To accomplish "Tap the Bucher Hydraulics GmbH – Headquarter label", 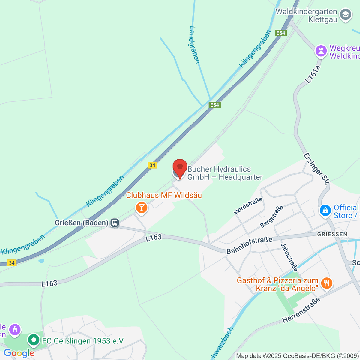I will (x=225, y=173).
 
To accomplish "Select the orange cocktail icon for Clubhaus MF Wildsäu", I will (x=142, y=208).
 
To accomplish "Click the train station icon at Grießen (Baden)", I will (x=115, y=223).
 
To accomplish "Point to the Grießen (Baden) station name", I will (x=81, y=223).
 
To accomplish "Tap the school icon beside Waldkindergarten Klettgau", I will (x=346, y=14).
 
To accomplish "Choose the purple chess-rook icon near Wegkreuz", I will (x=321, y=51).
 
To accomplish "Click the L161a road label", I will (x=313, y=74).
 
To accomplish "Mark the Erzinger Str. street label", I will (x=316, y=169).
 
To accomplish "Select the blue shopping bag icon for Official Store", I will (x=325, y=211).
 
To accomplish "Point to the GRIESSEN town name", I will (x=332, y=234).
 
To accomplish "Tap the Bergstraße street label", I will (x=271, y=217).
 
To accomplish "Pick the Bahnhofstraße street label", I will (x=249, y=245).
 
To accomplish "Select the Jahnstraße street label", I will (x=289, y=257).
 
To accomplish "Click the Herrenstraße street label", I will (x=301, y=310).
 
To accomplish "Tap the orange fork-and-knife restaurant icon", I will (x=327, y=283).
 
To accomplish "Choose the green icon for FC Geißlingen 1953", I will (x=34, y=340).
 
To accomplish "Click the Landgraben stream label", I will (x=194, y=45).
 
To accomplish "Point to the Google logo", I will (x=19, y=353).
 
